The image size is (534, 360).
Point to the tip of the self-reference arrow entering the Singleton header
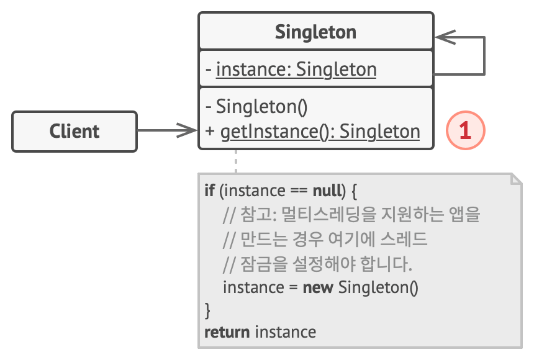click(435, 37)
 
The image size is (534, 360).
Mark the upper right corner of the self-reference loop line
click(484, 37)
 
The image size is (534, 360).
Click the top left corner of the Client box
click(12, 112)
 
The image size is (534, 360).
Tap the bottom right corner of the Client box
click(137, 151)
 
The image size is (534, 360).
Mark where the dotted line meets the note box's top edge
click(236, 174)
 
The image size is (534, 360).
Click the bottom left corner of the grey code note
click(199, 348)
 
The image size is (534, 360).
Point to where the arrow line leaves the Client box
click(137, 130)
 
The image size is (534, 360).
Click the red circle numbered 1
click(465, 130)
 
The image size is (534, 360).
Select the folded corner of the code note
click(516, 179)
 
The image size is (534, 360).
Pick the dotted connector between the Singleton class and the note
click(236, 161)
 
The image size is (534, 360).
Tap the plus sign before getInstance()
click(210, 132)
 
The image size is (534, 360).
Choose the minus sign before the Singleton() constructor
click(209, 107)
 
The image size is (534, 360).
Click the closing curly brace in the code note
click(207, 310)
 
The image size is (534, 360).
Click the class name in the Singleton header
click(315, 32)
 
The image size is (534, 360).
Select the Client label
click(75, 132)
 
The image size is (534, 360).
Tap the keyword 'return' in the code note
click(227, 332)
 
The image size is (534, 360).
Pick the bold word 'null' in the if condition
click(327, 191)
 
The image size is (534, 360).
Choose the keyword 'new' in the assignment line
click(318, 288)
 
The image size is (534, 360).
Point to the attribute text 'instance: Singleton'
click(296, 70)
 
